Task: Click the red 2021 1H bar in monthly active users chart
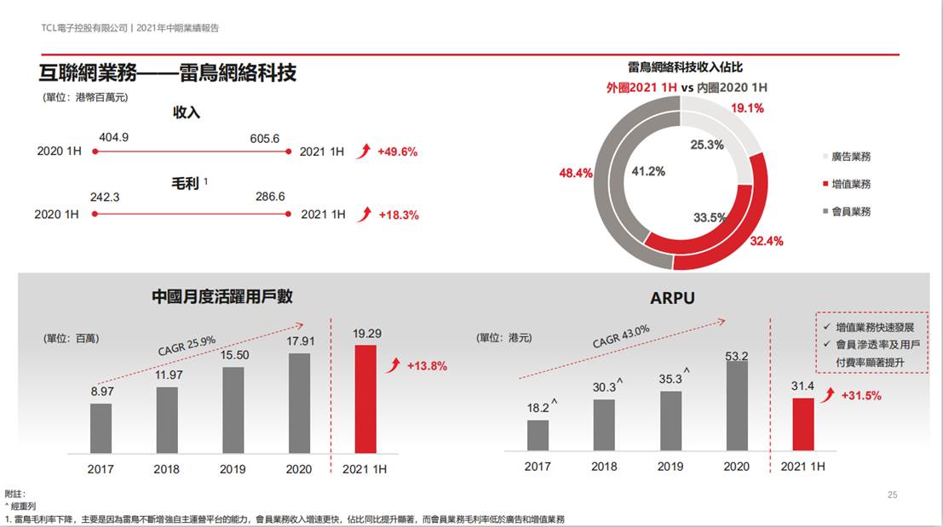point(365,398)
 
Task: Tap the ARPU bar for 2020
point(736,407)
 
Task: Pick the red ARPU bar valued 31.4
point(803,424)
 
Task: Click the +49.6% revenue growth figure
point(398,152)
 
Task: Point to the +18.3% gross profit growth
point(399,215)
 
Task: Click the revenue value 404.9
point(114,137)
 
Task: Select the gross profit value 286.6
point(270,198)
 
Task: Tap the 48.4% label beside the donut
point(575,173)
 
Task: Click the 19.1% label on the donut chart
point(747,109)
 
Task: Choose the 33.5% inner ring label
point(709,217)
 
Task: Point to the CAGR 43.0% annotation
point(621,335)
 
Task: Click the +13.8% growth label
point(426,366)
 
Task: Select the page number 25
point(893,495)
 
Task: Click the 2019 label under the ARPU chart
point(670,467)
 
